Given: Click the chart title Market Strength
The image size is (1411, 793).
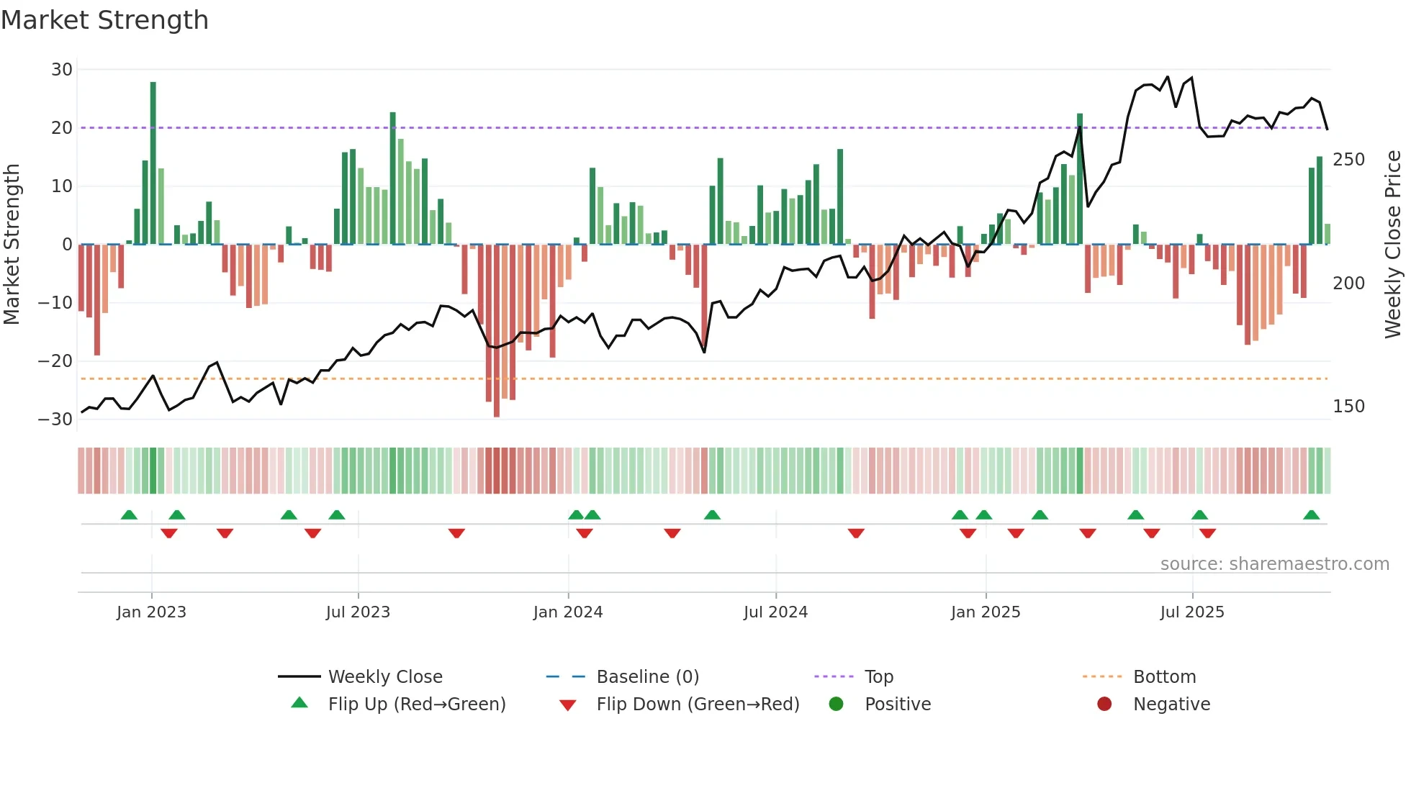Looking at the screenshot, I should pos(104,20).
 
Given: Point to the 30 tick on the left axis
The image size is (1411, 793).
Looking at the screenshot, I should pos(62,70).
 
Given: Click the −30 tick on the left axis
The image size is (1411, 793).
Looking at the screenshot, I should pos(55,419).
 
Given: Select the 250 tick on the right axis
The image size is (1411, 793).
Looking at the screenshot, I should pos(1348,160).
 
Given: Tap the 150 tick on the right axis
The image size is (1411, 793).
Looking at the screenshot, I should pos(1348,407).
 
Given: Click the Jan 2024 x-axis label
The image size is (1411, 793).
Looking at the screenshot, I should pos(568,612).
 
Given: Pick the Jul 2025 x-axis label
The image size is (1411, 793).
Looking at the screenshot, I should pos(1192,612).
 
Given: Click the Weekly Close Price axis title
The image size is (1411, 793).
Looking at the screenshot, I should pos(1393,245).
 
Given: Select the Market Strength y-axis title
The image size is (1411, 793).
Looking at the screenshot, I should pos(12,245).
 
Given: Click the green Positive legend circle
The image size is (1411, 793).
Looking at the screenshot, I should pos(836,704).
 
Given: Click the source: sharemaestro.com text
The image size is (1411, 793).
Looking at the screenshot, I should pos(1274,564).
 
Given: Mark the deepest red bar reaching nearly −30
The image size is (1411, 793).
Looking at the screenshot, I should pos(497,331).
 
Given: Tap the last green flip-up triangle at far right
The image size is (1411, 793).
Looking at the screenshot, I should pos(1311,515).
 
